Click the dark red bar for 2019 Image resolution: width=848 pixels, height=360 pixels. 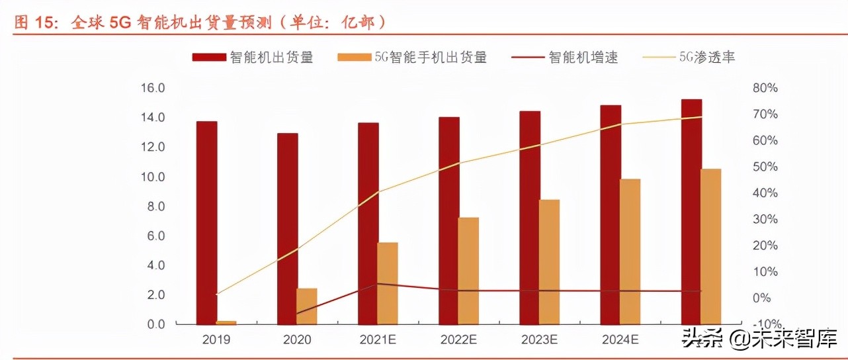tap(206, 222)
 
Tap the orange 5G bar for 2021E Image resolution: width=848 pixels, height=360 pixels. tap(388, 283)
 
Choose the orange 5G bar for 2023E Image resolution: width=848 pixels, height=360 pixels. tap(549, 261)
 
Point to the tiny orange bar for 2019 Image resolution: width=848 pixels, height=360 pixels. tap(226, 322)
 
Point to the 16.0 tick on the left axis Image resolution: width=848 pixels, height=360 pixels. tap(151, 88)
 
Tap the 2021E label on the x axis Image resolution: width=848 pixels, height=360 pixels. tap(377, 340)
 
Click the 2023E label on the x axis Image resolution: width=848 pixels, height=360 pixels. tap(538, 340)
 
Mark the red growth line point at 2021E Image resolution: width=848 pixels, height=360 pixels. tap(378, 284)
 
